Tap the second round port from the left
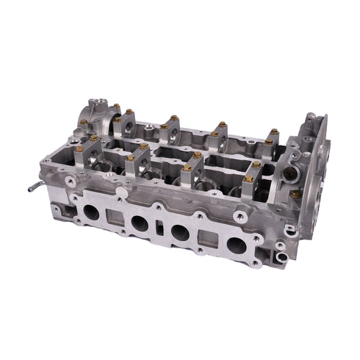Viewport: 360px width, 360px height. pos(138,225)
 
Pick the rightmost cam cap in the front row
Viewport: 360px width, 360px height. pos(249,171)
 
